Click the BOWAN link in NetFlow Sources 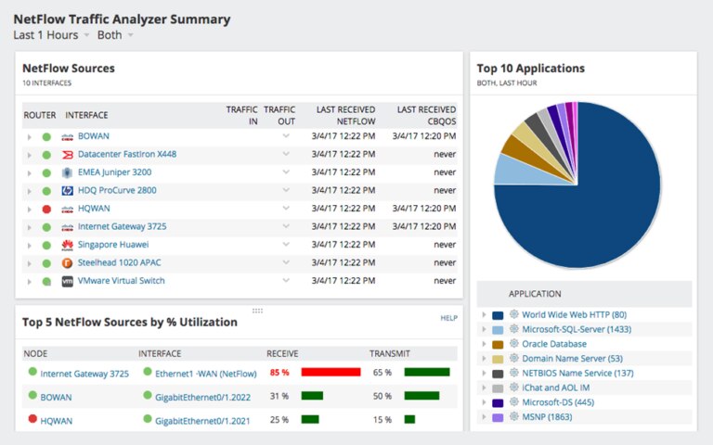tap(93, 136)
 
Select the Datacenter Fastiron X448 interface tap(126, 154)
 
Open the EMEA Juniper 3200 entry tap(114, 172)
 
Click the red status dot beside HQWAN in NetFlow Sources tap(46, 209)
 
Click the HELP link tap(448, 318)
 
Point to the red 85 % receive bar tap(331, 372)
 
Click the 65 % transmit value tap(382, 373)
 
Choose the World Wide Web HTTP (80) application tap(573, 315)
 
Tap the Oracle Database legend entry tap(553, 344)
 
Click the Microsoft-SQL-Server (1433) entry tap(576, 329)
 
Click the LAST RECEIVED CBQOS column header tap(426, 115)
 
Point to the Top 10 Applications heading tap(530, 68)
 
